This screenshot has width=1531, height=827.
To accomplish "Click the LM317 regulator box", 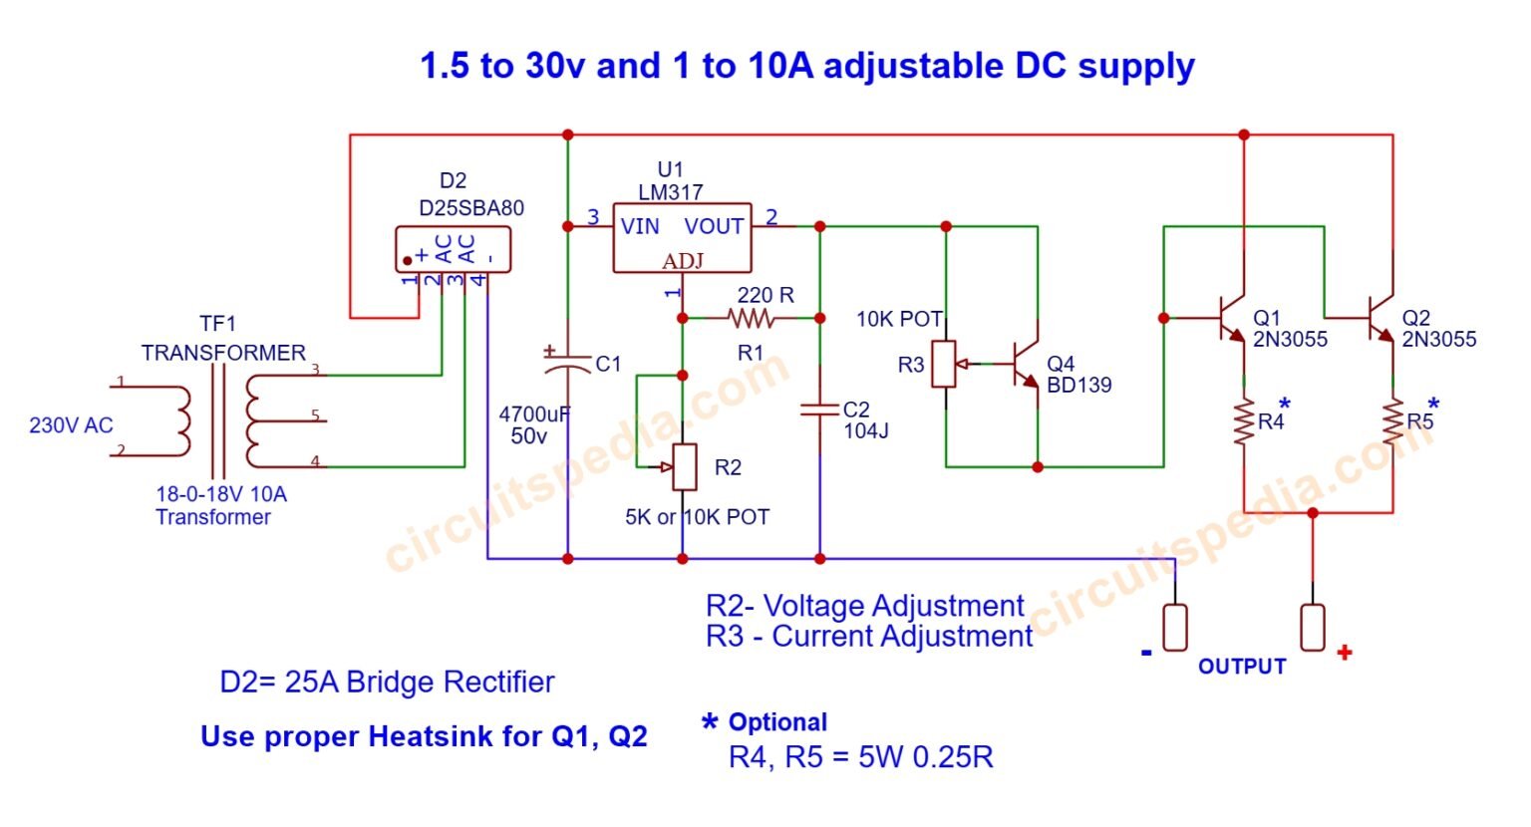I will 682,239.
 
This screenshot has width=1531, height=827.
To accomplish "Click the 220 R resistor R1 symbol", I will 751,319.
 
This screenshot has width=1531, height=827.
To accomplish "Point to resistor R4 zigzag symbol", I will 1243,421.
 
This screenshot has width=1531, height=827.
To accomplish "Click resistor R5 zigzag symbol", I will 1392,421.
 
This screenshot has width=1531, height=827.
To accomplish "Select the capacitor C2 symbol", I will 819,410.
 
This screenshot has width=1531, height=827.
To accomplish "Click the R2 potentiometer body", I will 684,467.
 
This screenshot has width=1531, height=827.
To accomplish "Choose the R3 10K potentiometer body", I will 945,363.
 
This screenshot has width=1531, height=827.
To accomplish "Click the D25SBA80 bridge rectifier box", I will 454,248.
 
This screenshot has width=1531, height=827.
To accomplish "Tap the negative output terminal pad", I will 1175,628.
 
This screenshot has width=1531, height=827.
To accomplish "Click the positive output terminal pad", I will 1313,628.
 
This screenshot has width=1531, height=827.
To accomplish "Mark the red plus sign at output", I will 1345,653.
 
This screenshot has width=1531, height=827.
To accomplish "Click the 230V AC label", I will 71,425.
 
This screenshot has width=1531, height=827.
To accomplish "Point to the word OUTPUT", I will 1242,667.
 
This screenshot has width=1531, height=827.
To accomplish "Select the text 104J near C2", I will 865,431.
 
